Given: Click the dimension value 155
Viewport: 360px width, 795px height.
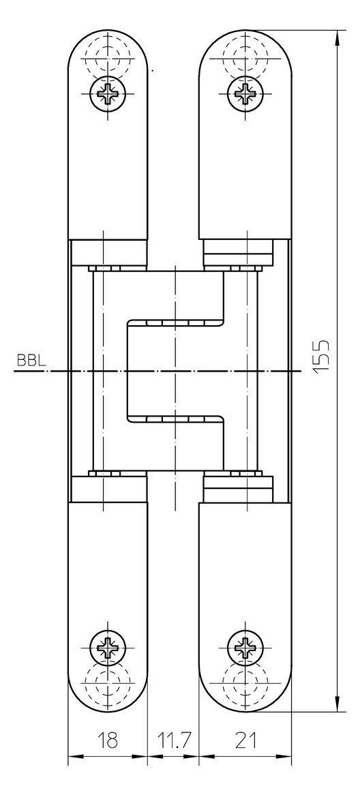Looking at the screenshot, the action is pos(321,357).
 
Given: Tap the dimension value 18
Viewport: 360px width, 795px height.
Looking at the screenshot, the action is pos(107,740).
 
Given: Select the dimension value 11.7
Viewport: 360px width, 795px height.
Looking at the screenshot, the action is pos(172,740).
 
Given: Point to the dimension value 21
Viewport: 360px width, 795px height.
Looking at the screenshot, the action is pos(245,740).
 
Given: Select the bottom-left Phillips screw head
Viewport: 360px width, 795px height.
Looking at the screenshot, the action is pos(108,648).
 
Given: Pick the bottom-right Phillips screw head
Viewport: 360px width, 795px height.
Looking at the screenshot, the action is pos(245,648).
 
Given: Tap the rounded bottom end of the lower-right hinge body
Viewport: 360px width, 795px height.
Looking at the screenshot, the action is pos(245,711).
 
